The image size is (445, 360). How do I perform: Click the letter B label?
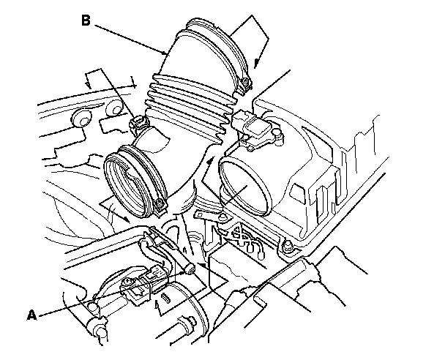(86, 20)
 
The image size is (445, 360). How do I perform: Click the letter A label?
(31, 315)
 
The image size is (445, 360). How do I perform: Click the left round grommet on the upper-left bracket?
(80, 118)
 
